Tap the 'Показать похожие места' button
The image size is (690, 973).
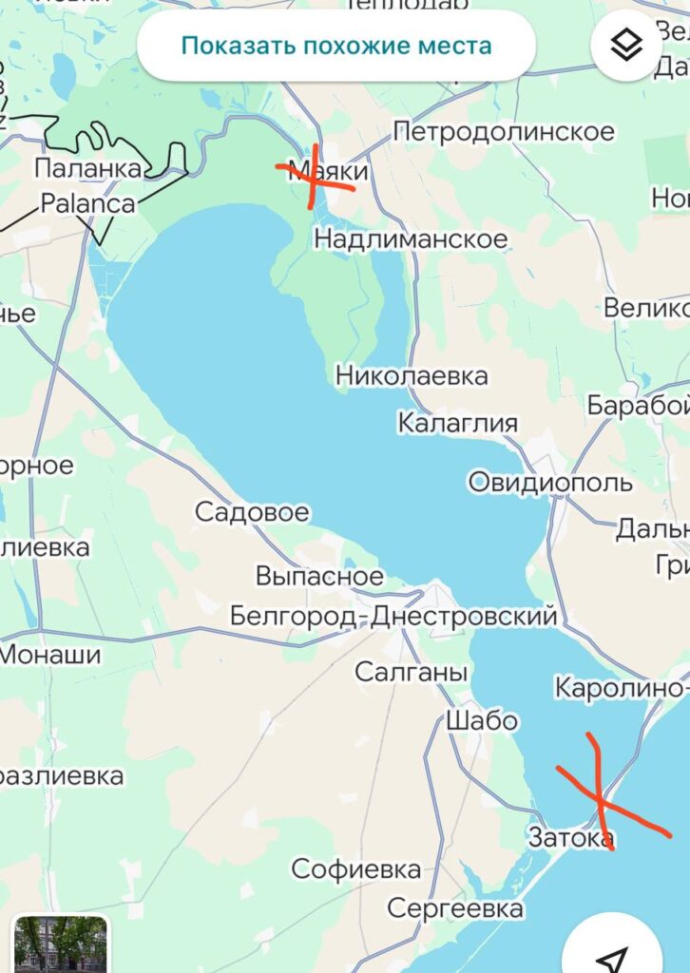(336, 45)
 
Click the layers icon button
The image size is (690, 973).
(626, 44)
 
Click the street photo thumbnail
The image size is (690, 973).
(61, 944)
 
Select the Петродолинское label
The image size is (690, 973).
(504, 132)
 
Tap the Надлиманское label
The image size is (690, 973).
(411, 239)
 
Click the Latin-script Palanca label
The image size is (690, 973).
(88, 203)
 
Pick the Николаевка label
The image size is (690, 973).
(412, 376)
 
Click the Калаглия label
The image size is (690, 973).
(458, 423)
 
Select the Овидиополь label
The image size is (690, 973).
(550, 483)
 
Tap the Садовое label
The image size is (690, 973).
(252, 513)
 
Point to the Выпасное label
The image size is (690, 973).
(319, 576)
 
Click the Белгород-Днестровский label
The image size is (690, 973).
(393, 617)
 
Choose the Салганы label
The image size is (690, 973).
(412, 673)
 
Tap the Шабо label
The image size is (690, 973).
(482, 721)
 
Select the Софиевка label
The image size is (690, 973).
(356, 868)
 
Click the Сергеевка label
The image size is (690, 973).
(455, 909)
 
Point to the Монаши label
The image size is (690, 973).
(49, 655)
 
